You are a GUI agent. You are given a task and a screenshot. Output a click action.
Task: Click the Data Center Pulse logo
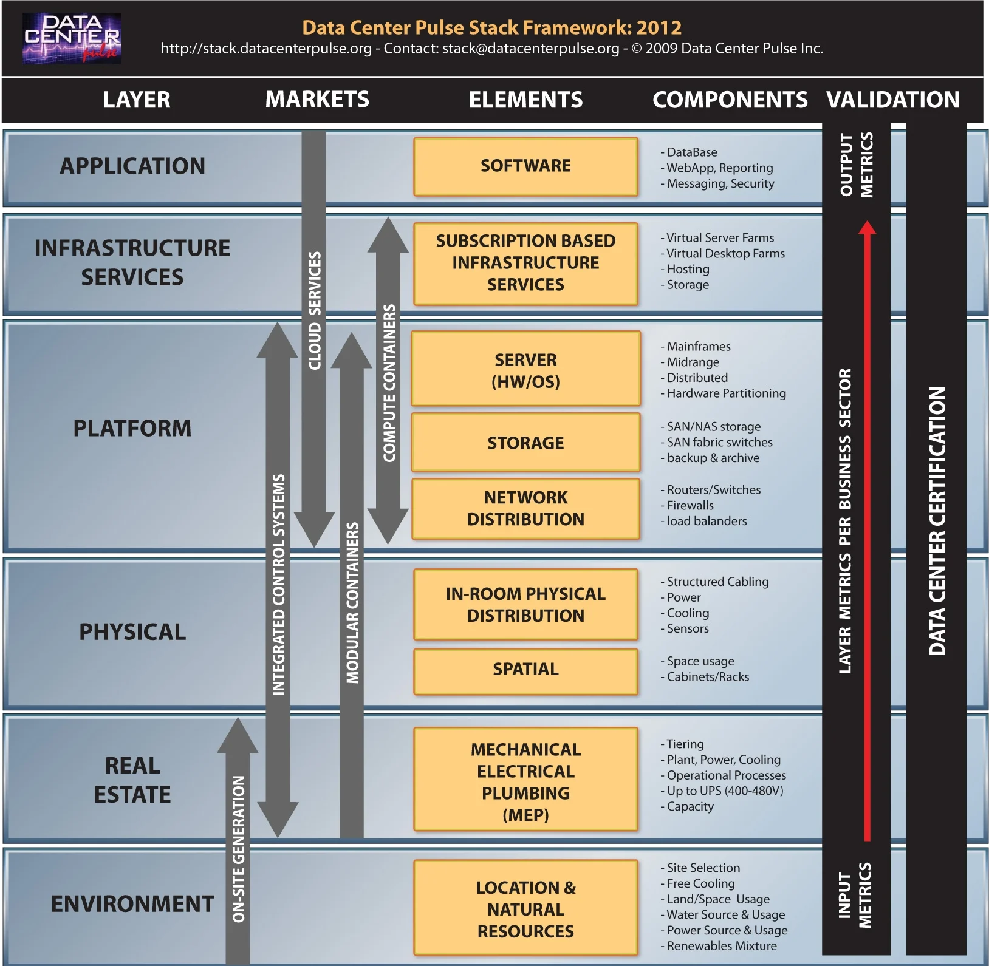coord(72,38)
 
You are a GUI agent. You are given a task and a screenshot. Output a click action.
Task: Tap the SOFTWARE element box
coord(525,166)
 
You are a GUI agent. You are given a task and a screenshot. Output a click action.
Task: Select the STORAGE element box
coord(525,443)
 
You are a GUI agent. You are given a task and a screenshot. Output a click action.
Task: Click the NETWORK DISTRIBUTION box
coord(525,508)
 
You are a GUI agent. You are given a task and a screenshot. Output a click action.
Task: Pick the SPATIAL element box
coord(525,669)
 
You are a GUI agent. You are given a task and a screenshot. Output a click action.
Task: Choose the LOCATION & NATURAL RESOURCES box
coord(525,909)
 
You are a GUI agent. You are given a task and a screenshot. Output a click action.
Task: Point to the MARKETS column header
coord(317,100)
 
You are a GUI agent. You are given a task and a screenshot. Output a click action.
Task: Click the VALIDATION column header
coord(892,100)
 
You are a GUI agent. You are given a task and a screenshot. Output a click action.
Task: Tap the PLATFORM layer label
coord(132,428)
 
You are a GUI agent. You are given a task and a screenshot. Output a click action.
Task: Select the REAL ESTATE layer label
coord(132,780)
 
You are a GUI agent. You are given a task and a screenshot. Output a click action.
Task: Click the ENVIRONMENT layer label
coord(132,903)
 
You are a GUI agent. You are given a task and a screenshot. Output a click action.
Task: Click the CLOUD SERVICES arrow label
coord(314,311)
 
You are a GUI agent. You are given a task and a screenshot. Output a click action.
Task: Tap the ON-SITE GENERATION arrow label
coord(238,849)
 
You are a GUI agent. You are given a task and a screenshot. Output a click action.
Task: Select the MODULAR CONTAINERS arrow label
coord(352,602)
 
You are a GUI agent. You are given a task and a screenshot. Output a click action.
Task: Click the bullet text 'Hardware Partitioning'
coord(726,393)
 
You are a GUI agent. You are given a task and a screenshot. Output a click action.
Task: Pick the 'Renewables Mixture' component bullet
coord(722,946)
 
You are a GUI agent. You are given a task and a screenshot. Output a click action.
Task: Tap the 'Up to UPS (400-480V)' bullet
coord(725,791)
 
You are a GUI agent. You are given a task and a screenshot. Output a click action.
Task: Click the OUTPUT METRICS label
coord(856,165)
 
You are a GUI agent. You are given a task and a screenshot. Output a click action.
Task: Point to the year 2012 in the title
coord(659,28)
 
